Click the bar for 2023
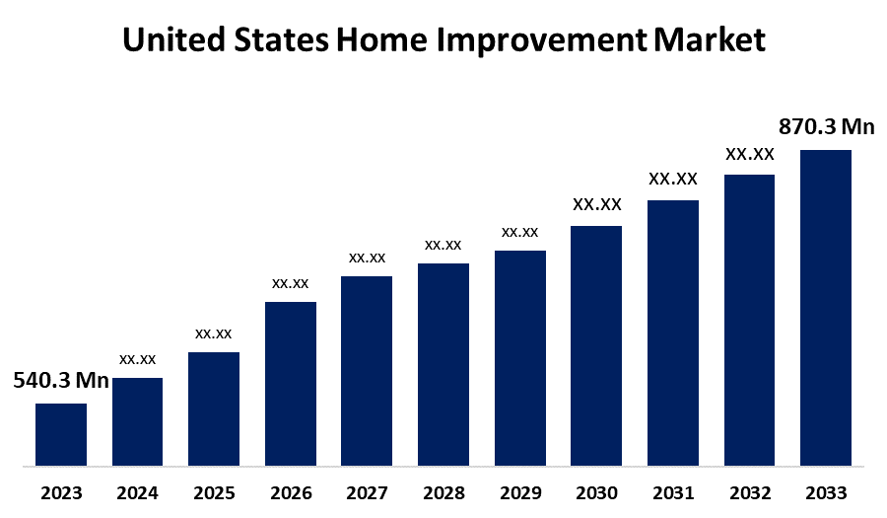tap(61, 434)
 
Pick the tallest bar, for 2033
tap(826, 307)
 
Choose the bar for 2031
tap(673, 333)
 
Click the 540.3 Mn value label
tap(61, 381)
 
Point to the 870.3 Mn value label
tap(827, 126)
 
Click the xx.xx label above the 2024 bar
tap(138, 359)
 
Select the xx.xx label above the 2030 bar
tap(597, 204)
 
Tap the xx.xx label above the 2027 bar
tap(367, 258)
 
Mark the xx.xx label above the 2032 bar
tap(750, 154)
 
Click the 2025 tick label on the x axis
tap(214, 492)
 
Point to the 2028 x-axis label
tap(443, 492)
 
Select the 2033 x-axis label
tap(826, 492)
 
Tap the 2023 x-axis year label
tap(61, 492)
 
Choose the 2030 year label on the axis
tap(597, 492)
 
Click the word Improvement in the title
tap(538, 40)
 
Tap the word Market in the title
tap(710, 40)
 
